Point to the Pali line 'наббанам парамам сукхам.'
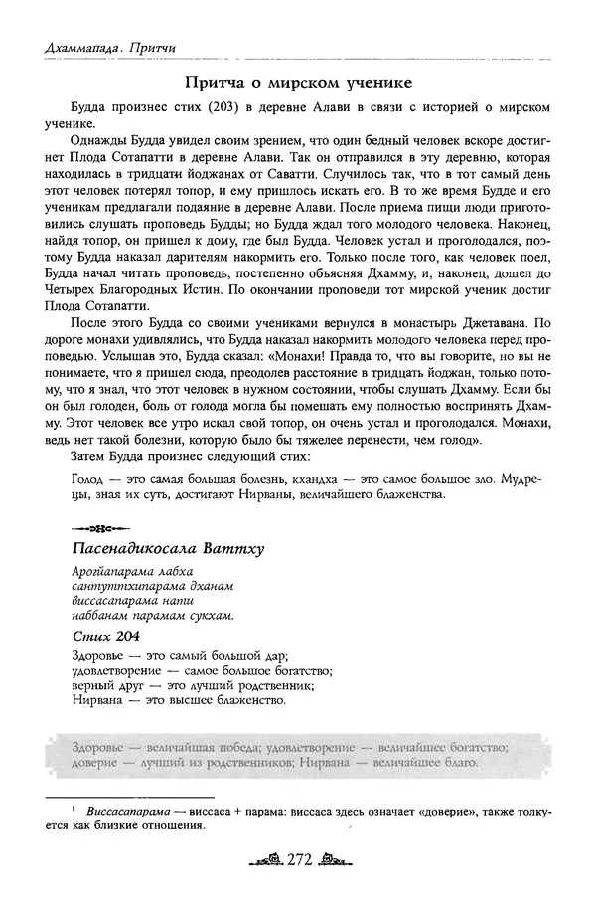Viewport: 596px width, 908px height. pyautogui.click(x=153, y=615)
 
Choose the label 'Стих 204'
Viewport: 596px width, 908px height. pyautogui.click(x=102, y=636)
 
